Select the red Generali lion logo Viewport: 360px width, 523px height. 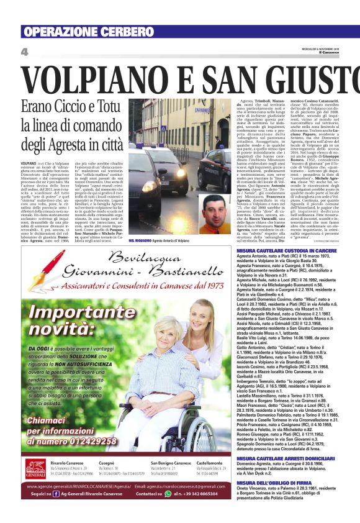click(x=35, y=466)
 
